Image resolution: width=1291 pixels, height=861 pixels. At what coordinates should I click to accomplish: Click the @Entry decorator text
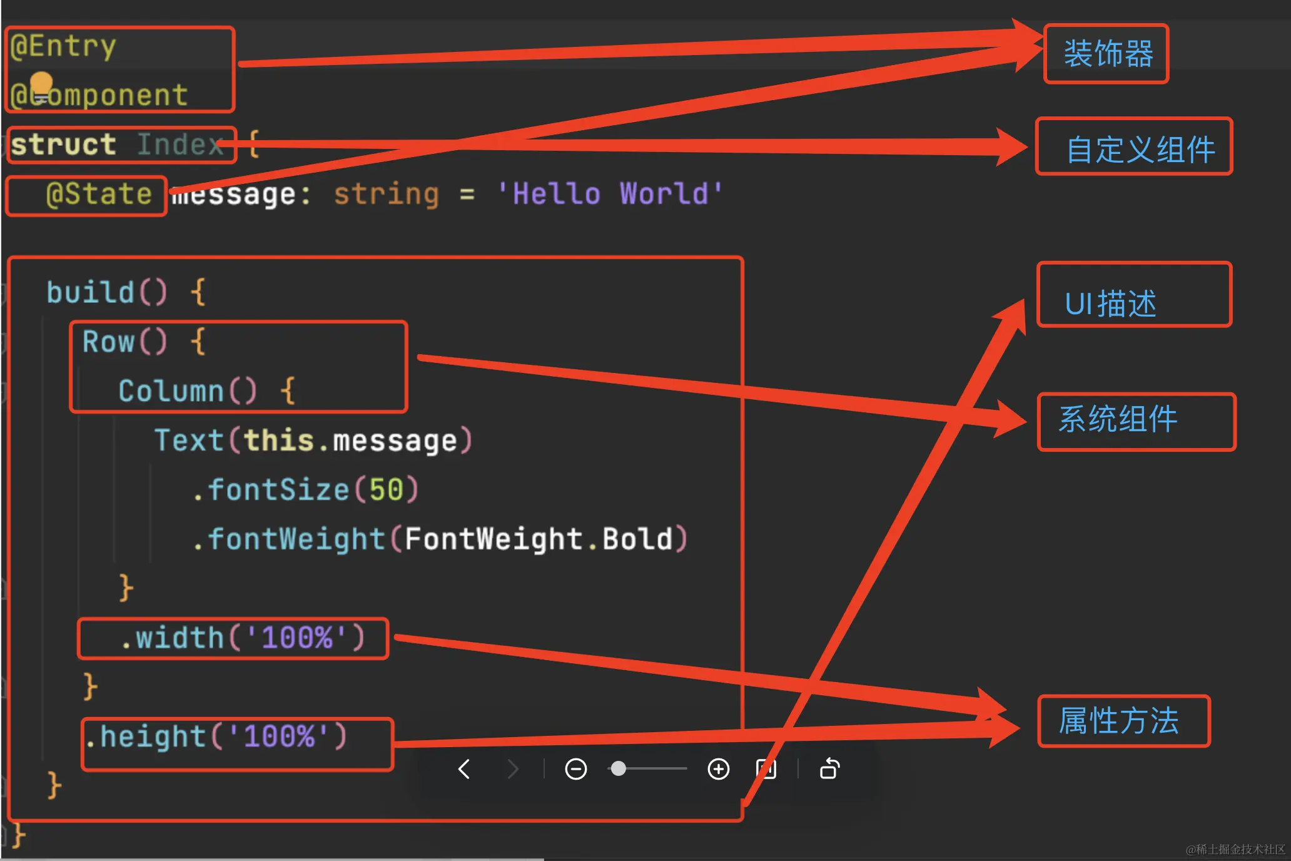[63, 46]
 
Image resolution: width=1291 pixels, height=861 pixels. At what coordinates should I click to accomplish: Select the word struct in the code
[63, 145]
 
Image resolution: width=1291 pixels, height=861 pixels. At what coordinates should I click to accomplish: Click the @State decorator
[99, 194]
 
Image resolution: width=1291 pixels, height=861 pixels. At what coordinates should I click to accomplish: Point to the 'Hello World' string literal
[610, 194]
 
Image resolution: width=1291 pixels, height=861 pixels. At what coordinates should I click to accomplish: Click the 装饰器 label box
[1106, 54]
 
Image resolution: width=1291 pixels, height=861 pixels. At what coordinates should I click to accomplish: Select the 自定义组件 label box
[1134, 147]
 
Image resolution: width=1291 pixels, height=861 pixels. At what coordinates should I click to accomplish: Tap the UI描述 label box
[1134, 295]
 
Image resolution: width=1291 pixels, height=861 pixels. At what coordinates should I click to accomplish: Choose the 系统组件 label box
[1136, 421]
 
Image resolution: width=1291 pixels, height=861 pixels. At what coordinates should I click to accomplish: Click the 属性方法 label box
[1123, 721]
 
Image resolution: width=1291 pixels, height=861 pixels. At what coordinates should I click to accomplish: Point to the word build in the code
[90, 292]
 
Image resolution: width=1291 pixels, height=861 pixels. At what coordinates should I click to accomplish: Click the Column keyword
[171, 391]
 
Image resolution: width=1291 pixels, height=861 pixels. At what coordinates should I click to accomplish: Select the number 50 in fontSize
[386, 490]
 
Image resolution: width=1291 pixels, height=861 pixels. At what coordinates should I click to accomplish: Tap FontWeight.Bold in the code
[539, 539]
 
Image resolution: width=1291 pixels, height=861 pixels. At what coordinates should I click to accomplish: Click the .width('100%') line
[241, 638]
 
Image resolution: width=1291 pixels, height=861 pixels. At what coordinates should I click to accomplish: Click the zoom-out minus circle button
[575, 769]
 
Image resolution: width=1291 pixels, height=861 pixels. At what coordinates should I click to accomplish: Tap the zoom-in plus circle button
[718, 769]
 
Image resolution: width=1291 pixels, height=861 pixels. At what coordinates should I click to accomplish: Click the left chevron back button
[464, 769]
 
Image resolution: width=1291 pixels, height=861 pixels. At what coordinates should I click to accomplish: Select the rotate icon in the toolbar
[829, 769]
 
